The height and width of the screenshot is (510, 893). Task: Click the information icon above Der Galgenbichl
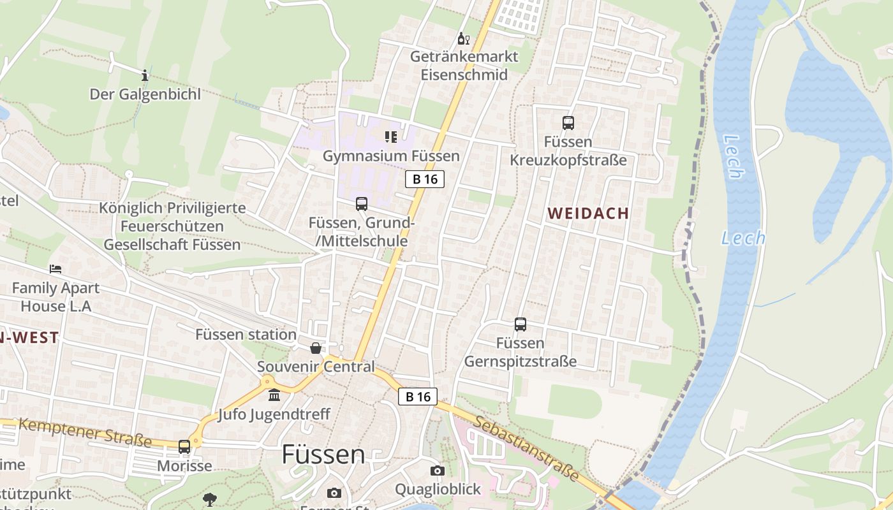[x=145, y=75]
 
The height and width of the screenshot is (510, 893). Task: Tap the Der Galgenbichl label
[x=145, y=94]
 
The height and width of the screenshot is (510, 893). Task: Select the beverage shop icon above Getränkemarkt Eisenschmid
[x=464, y=39]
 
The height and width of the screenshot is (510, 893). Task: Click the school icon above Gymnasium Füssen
[x=391, y=136]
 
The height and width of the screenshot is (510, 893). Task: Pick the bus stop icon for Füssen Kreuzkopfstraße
[x=568, y=123]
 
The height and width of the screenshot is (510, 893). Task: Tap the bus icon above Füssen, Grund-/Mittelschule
[x=362, y=204]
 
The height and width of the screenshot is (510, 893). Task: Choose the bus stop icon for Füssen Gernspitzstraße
[x=520, y=324]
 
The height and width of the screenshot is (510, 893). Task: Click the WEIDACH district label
[x=588, y=214]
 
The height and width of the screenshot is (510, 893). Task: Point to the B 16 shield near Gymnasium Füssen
[x=425, y=179]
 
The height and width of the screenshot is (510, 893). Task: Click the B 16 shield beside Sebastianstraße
[x=418, y=397]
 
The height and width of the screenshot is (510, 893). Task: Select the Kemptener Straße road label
[x=85, y=432]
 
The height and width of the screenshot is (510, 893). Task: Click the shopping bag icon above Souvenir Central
[x=316, y=348]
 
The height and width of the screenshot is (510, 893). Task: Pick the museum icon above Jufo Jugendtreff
[x=274, y=396]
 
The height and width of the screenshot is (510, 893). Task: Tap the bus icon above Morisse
[x=184, y=447]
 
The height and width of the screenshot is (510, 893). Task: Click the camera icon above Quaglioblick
[x=437, y=470]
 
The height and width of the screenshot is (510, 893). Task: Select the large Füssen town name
[x=323, y=455]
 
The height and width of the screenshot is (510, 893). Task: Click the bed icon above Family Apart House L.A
[x=55, y=269]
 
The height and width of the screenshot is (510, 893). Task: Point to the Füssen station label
[x=246, y=334]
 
